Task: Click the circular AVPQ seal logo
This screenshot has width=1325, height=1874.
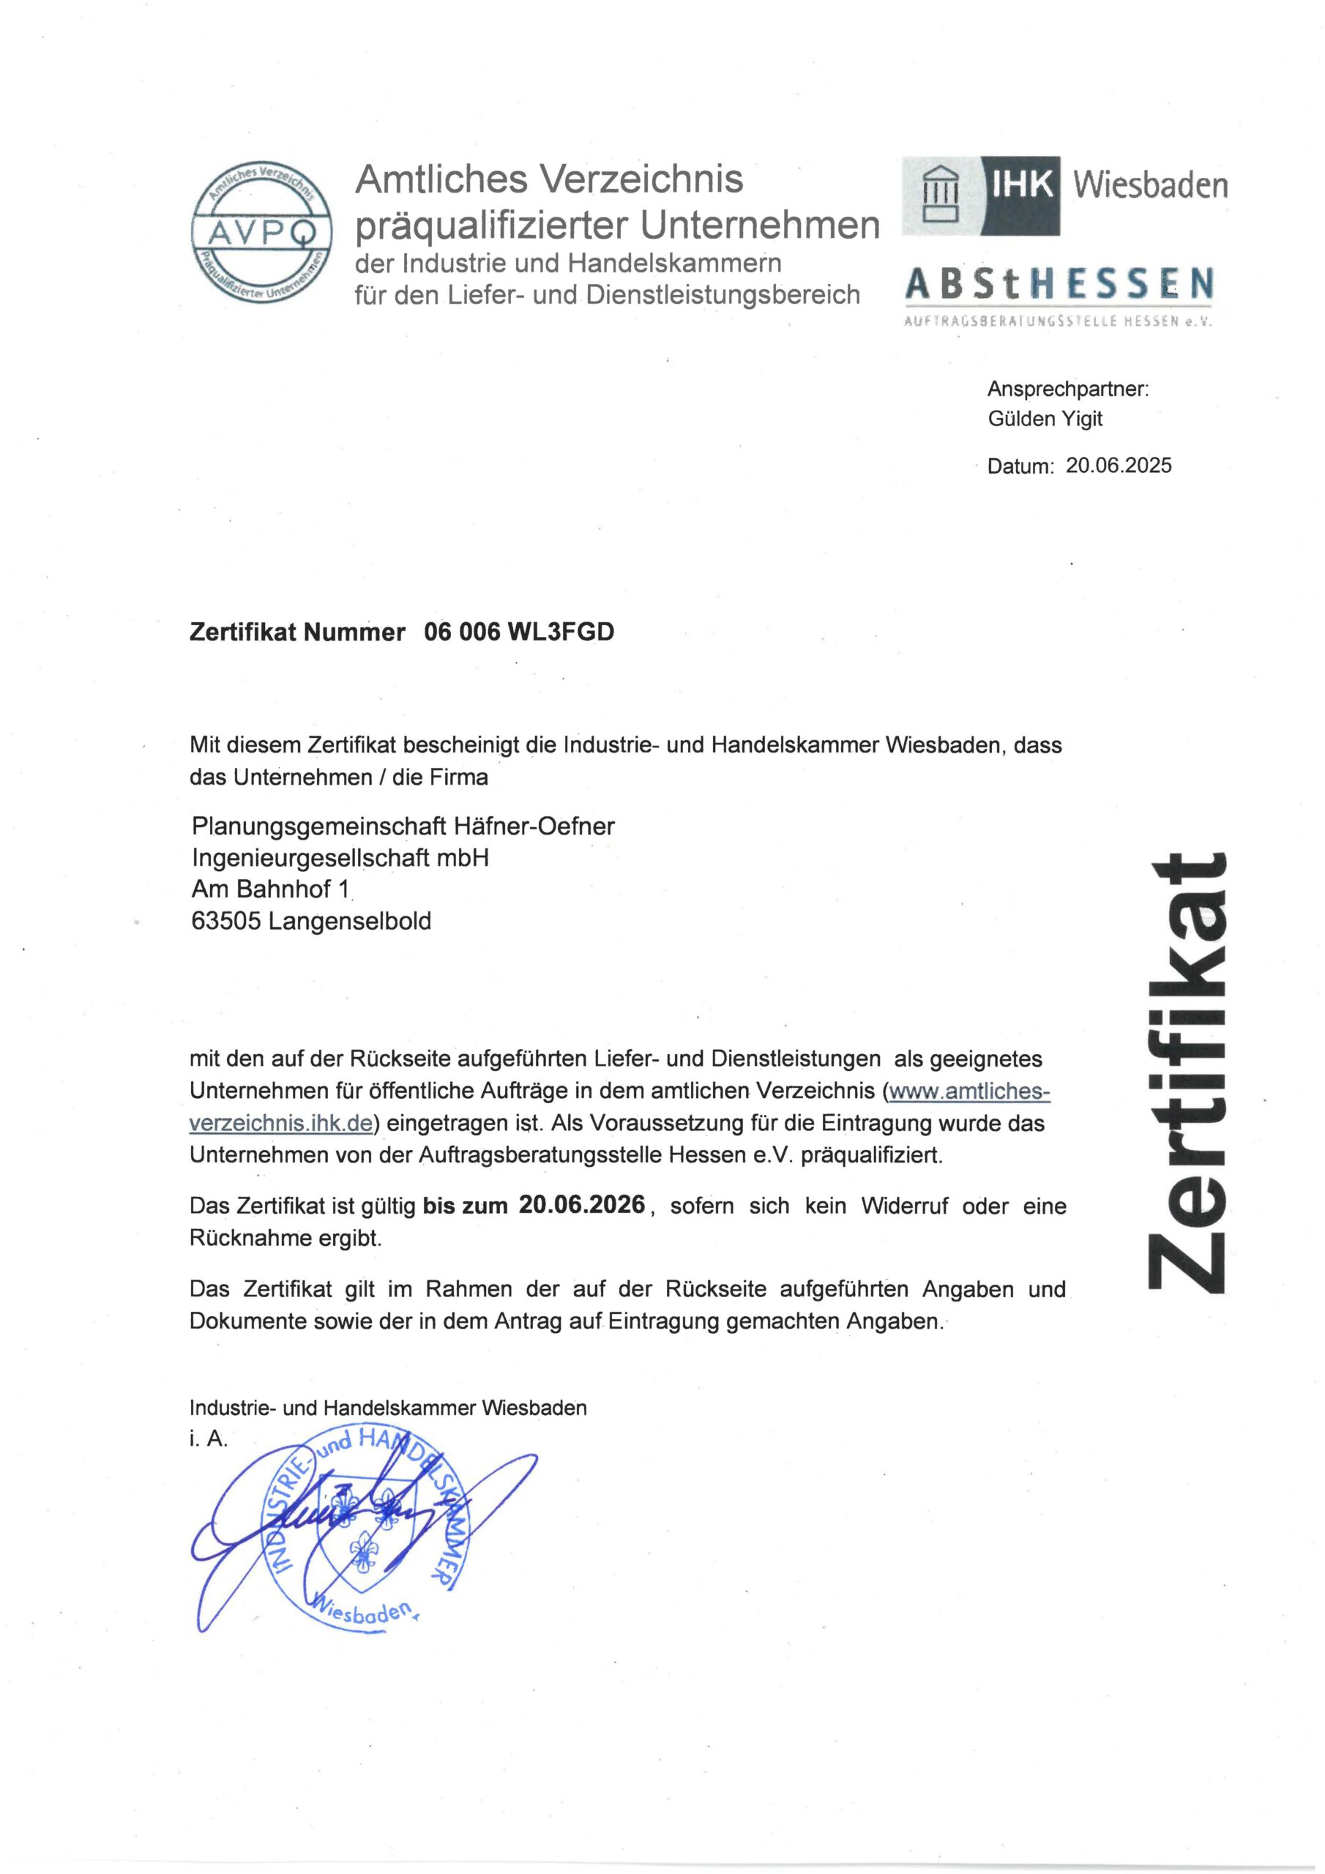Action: tap(261, 232)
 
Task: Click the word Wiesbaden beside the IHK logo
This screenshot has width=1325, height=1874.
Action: tap(1149, 185)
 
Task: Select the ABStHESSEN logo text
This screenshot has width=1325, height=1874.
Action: tap(1059, 284)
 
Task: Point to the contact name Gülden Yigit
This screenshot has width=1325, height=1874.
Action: tap(1044, 419)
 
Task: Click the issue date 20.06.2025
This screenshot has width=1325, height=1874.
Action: tap(1119, 466)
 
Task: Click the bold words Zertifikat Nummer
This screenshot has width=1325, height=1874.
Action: tap(297, 632)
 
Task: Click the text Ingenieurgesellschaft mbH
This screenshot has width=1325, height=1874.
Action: tap(340, 858)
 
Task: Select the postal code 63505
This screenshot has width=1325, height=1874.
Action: tap(226, 921)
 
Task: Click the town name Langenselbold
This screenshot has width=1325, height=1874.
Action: tap(349, 921)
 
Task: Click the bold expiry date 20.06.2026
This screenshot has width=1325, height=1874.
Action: tap(581, 1205)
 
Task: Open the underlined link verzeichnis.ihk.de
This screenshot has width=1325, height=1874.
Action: tap(281, 1123)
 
